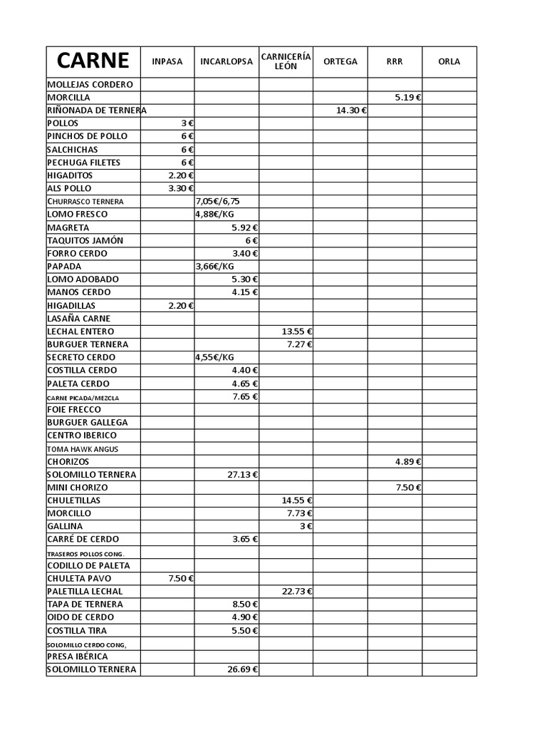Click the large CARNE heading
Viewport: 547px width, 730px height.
(93, 61)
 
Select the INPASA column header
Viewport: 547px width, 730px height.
(167, 61)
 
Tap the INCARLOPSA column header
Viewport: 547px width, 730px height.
(226, 61)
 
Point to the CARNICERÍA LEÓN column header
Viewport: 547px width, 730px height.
(286, 61)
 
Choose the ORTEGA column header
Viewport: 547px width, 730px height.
(340, 61)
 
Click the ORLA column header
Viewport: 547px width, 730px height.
(449, 61)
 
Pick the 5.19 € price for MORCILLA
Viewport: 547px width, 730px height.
(407, 98)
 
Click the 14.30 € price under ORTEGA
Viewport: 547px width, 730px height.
(351, 110)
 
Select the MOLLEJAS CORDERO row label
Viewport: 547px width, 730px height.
(90, 85)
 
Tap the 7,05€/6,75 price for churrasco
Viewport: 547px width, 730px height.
(218, 201)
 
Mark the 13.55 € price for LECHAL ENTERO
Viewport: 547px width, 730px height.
(297, 331)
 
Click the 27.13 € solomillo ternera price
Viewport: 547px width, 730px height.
(242, 475)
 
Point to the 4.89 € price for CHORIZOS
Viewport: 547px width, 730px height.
(407, 462)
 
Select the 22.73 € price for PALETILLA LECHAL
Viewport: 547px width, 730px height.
(297, 591)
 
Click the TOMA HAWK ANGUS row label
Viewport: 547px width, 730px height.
(83, 449)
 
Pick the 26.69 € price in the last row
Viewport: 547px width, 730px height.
(242, 669)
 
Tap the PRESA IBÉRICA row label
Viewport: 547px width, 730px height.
(78, 657)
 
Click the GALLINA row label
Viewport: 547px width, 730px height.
(66, 526)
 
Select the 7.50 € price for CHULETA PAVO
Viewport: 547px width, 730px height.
(181, 578)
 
